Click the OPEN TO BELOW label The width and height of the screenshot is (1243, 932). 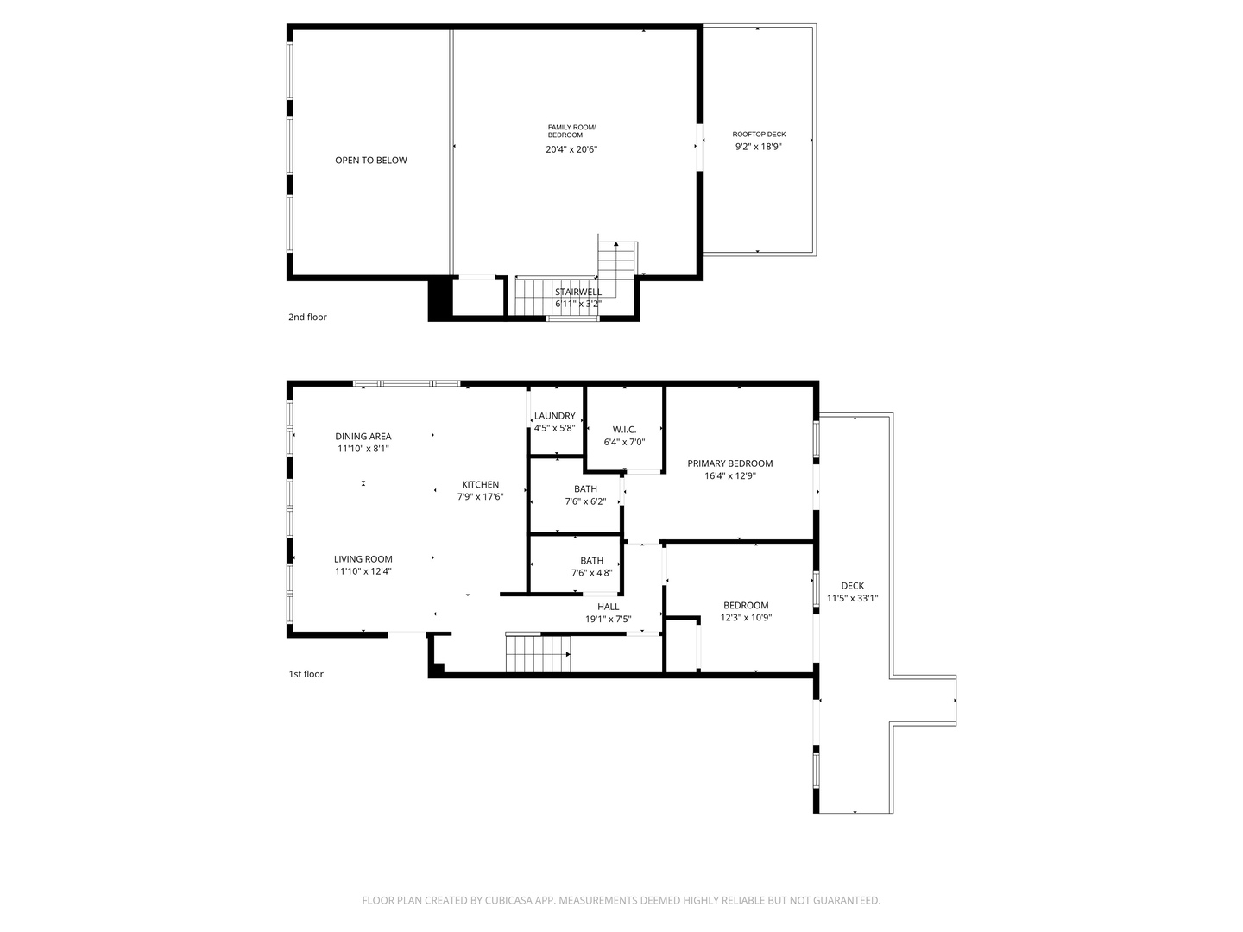click(371, 161)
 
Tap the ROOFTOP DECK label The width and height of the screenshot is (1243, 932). click(759, 135)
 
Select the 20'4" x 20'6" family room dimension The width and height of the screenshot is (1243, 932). click(571, 150)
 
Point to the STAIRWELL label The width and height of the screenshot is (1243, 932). click(578, 292)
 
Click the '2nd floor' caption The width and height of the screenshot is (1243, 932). click(307, 317)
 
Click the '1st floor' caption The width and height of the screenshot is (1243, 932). click(306, 674)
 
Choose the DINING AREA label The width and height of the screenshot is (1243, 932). click(363, 437)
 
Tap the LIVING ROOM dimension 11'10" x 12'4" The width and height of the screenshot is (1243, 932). click(363, 571)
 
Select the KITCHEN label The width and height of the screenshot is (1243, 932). click(480, 484)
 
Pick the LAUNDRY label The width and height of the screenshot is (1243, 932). click(554, 416)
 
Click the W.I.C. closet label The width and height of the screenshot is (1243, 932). click(624, 430)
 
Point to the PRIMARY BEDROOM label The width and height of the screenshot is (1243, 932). click(730, 463)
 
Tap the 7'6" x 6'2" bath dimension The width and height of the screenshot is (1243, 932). click(585, 501)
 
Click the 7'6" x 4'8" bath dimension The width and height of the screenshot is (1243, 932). click(591, 573)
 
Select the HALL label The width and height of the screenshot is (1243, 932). click(609, 607)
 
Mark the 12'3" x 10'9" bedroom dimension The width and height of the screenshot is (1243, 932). click(746, 618)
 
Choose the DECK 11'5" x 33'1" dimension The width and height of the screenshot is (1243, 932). click(852, 598)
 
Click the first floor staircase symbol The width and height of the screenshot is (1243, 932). click(538, 653)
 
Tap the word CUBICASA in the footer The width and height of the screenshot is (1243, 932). click(508, 900)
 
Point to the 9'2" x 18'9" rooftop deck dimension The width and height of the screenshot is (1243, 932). click(758, 147)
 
